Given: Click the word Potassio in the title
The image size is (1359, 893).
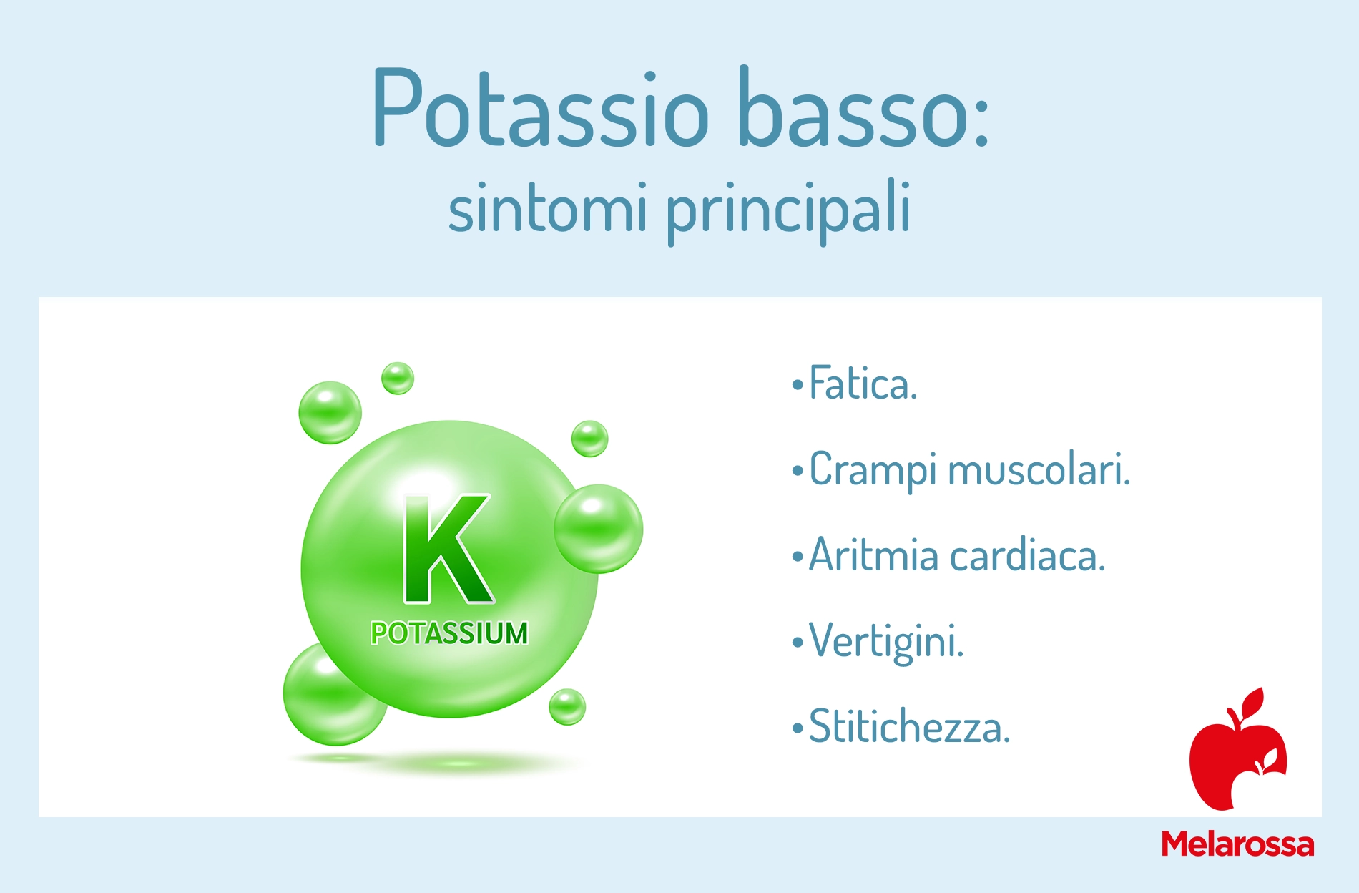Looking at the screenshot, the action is tap(541, 107).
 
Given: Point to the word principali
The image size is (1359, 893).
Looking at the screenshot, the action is tap(788, 211).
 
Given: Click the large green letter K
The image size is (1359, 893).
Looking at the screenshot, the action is tap(447, 550).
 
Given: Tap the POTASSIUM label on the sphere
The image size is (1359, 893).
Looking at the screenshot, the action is tap(449, 633).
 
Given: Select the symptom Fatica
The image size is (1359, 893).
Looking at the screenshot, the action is tap(863, 384).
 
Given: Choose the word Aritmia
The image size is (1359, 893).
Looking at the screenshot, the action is tap(873, 555).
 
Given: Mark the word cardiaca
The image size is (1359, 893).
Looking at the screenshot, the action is tap(1028, 555).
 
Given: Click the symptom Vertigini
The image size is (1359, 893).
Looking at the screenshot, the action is tap(887, 643).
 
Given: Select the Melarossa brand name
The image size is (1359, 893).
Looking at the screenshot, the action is tap(1237, 844).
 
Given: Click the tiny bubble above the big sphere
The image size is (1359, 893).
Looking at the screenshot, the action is tap(398, 378).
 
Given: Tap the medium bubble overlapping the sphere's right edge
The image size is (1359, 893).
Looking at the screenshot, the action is tap(599, 529).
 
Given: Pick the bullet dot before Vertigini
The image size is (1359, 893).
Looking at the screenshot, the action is tap(798, 642).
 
